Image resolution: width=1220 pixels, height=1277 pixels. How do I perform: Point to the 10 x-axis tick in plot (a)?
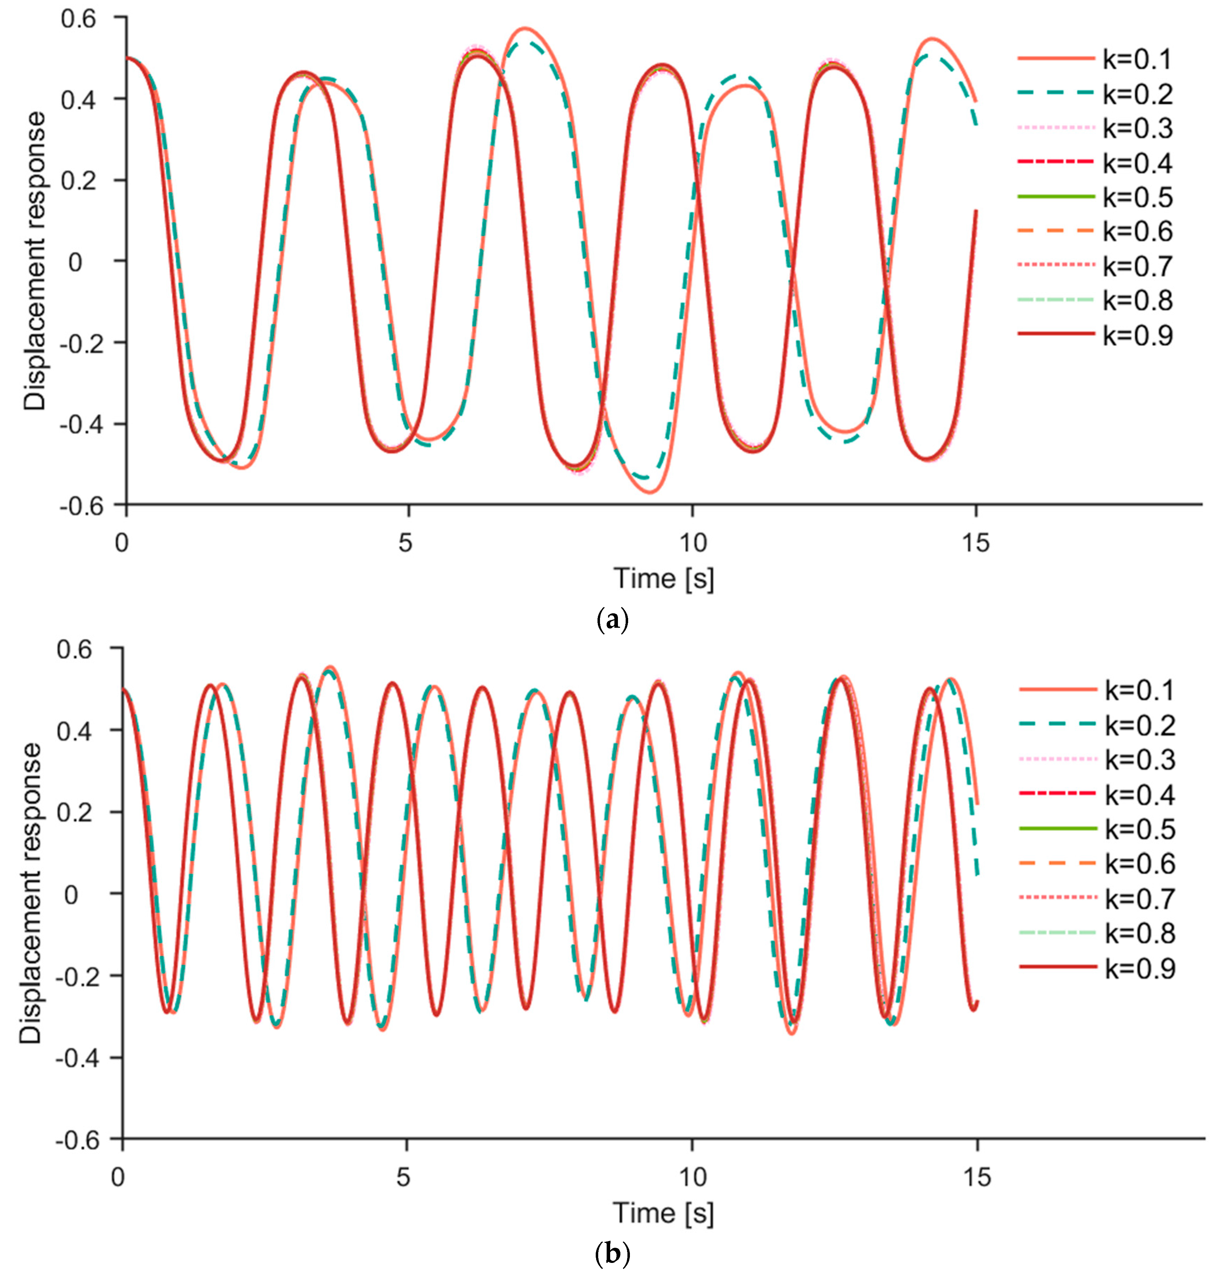point(693,542)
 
